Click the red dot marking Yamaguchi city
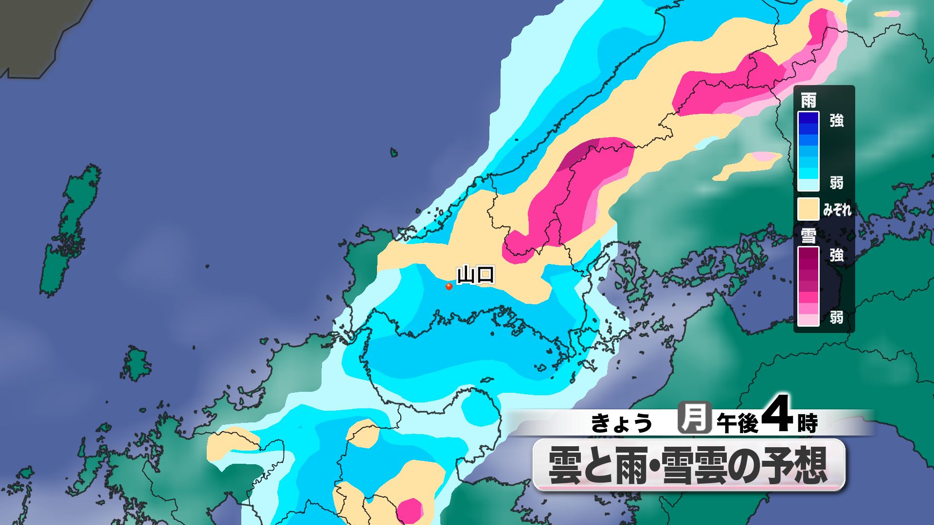coord(449,286)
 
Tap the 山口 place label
coord(475,275)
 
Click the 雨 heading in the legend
coord(808,101)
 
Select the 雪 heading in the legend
coord(808,236)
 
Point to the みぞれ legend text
coord(837,210)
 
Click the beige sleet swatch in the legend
coord(808,209)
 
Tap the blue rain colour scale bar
coord(808,151)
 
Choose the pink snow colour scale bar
coord(808,286)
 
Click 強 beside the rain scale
coord(837,121)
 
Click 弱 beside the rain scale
coord(837,183)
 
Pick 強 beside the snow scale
coord(837,255)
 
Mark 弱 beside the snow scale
coord(837,317)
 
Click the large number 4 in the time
coord(777,416)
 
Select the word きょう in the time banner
coord(621,423)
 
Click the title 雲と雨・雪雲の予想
coord(688,465)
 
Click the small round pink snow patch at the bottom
coord(409,510)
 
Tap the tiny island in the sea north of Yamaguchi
coord(394,153)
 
